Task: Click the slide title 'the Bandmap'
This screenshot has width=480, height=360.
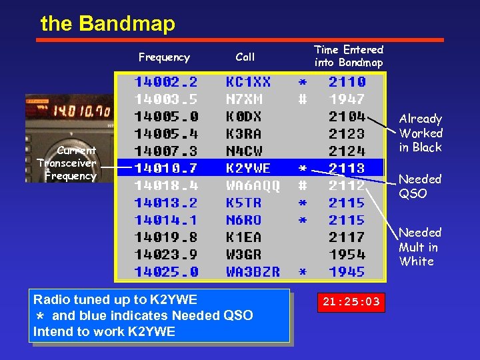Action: click(107, 24)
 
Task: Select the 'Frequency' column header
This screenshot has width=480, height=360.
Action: click(164, 57)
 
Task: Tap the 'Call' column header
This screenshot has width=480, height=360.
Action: click(245, 57)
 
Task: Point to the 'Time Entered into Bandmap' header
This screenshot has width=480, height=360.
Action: click(349, 56)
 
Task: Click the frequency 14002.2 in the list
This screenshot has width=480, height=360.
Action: click(166, 82)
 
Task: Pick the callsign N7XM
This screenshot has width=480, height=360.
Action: click(244, 99)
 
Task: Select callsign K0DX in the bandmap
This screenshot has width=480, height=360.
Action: click(244, 117)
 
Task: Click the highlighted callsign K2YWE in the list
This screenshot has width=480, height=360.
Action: click(248, 168)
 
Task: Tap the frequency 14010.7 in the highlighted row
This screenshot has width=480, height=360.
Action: click(166, 168)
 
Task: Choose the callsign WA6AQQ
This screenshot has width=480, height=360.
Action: click(253, 185)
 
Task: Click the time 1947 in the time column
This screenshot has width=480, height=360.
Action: click(347, 99)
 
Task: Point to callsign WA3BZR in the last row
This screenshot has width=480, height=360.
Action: click(253, 272)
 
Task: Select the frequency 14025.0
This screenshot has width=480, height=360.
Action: click(166, 272)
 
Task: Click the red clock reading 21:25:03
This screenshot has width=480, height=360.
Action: click(351, 302)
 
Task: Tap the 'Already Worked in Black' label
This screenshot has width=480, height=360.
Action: click(421, 133)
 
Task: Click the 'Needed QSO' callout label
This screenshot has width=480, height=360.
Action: click(420, 186)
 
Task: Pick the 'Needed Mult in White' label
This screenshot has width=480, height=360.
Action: click(420, 247)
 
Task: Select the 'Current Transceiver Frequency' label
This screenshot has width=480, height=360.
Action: click(67, 163)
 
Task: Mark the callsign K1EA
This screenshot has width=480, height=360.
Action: click(244, 237)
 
